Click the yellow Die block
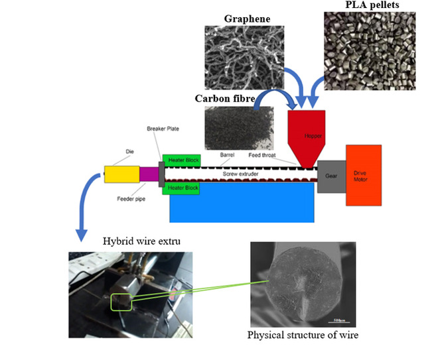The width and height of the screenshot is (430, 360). (121, 174)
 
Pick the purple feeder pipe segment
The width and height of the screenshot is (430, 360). (149, 174)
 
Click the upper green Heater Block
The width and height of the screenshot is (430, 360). (181, 159)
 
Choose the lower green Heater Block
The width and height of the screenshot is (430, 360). (181, 188)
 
